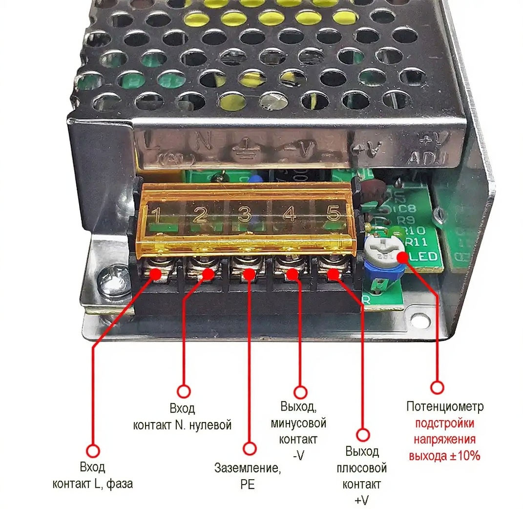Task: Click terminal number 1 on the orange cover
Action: [157, 213]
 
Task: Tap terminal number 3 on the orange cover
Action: [244, 213]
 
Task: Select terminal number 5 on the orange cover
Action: [333, 213]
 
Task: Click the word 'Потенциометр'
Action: [444, 406]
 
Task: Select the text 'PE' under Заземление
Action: [248, 484]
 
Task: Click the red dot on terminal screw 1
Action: [156, 273]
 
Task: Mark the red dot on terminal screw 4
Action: [292, 273]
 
